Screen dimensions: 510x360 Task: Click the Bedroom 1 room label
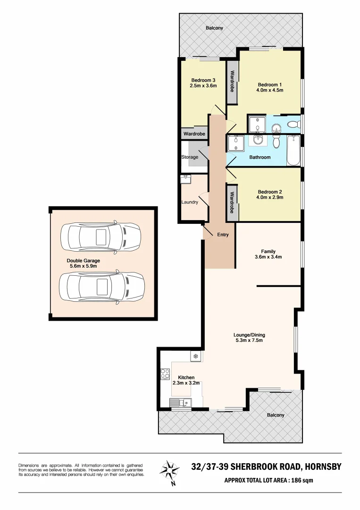pyautogui.click(x=269, y=85)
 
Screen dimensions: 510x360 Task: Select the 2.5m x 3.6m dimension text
pyautogui.click(x=203, y=86)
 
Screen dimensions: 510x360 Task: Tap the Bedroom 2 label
pyautogui.click(x=269, y=192)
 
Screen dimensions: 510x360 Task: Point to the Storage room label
pyautogui.click(x=190, y=157)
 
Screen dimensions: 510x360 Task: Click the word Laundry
pyautogui.click(x=190, y=202)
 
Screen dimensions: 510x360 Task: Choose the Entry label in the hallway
pyautogui.click(x=223, y=235)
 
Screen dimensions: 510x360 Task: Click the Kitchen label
pyautogui.click(x=186, y=377)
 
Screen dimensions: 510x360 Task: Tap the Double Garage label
pyautogui.click(x=83, y=260)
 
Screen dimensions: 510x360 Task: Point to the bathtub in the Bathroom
pyautogui.click(x=294, y=151)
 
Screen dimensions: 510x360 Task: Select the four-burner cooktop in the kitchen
pyautogui.click(x=165, y=374)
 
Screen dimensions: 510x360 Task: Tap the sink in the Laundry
pyautogui.click(x=185, y=179)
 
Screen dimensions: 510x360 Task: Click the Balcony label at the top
pyautogui.click(x=214, y=28)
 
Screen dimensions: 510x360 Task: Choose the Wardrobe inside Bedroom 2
pyautogui.click(x=232, y=202)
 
